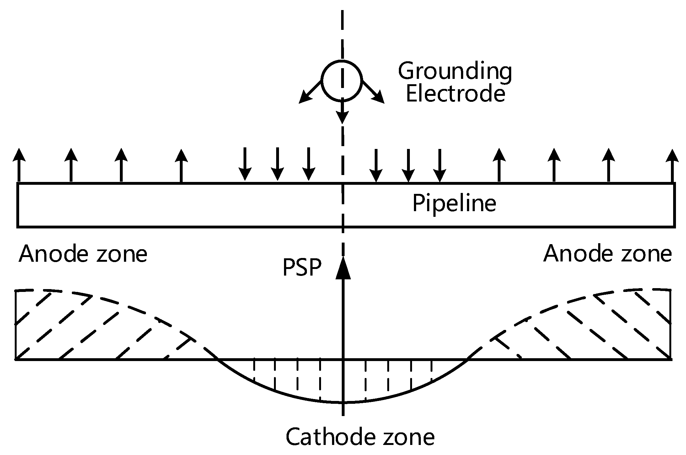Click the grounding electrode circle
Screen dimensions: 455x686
coord(342,80)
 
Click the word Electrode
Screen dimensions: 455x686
coord(456,94)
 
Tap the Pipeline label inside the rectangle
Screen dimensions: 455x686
coord(454,204)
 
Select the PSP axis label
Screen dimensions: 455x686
coord(302,268)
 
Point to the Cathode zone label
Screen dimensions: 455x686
coord(360,436)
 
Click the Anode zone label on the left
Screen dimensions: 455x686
coord(83,254)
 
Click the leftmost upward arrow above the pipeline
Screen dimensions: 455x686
coord(19,165)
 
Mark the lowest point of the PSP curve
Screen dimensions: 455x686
coord(343,402)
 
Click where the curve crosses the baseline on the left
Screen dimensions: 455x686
coord(217,359)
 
